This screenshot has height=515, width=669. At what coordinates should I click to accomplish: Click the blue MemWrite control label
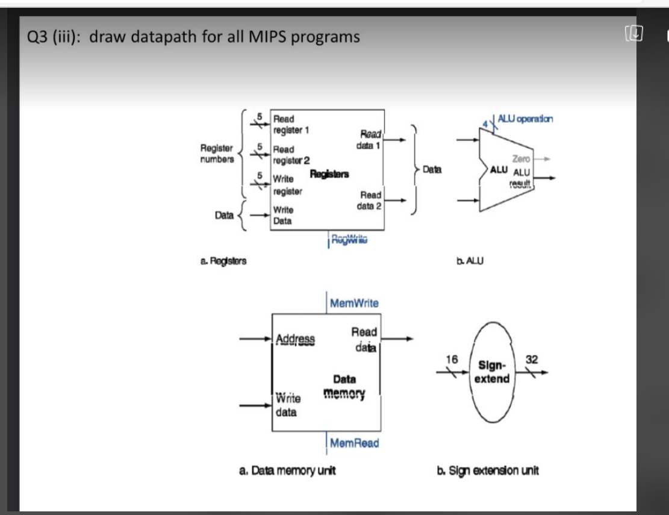tap(354, 303)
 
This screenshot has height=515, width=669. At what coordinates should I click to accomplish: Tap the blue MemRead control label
tap(355, 443)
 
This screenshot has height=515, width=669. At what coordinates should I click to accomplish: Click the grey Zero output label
tap(521, 159)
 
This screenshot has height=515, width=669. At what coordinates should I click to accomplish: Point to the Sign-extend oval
tap(493, 372)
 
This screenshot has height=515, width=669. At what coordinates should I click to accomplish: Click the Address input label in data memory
tap(295, 339)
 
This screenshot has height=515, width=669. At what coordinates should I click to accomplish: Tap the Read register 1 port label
tap(290, 124)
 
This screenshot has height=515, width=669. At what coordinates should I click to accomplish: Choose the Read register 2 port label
tap(291, 154)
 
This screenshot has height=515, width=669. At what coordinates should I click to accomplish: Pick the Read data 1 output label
tap(368, 140)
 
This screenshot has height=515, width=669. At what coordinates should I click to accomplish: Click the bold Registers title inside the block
tap(329, 175)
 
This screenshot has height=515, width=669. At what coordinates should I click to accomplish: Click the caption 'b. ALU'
tap(470, 260)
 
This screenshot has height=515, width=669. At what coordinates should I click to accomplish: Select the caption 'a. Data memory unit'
tap(287, 470)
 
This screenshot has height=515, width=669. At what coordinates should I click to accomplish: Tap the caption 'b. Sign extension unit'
tap(488, 470)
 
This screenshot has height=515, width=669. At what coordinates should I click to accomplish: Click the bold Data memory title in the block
tap(344, 386)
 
